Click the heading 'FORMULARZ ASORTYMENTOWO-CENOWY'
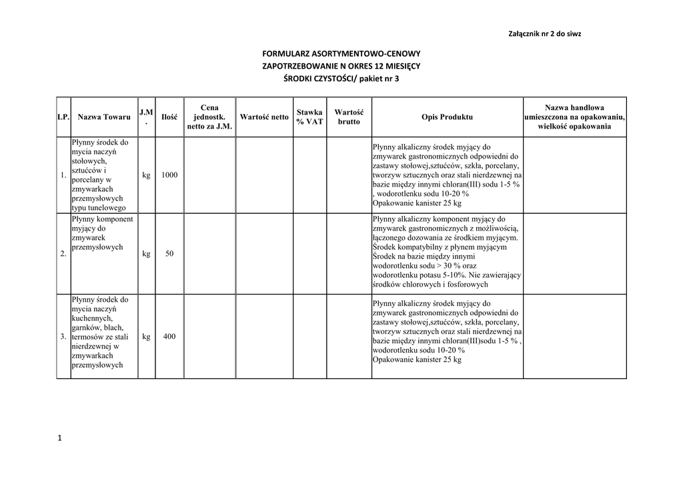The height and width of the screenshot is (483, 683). [x=341, y=53]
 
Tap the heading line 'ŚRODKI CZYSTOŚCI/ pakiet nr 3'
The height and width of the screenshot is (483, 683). [x=341, y=79]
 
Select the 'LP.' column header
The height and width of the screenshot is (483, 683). [x=64, y=117]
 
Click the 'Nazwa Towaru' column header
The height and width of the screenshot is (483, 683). [x=104, y=117]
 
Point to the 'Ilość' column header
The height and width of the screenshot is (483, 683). [x=169, y=117]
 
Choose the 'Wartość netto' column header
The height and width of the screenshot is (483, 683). [x=264, y=117]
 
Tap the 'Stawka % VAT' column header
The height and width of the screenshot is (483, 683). [x=309, y=117]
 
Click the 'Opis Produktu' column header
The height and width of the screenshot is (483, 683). [x=447, y=117]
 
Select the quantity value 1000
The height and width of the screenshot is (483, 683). [x=169, y=175]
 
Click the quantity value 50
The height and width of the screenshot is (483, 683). [x=169, y=254]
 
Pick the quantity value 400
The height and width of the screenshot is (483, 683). [x=169, y=337]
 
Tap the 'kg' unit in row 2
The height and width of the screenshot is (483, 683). [x=146, y=254]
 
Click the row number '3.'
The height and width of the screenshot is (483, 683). [x=63, y=337]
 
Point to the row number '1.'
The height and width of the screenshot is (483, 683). [x=63, y=175]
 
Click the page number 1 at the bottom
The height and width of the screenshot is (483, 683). [x=59, y=438]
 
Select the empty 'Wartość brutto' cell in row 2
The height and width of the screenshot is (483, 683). [x=348, y=253]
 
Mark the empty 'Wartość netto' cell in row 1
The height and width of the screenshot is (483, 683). [x=264, y=175]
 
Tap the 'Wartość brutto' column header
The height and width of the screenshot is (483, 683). [x=348, y=117]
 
